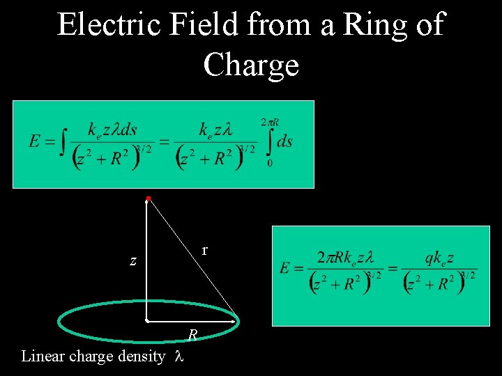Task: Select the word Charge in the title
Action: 251,65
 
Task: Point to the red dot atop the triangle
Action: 149,199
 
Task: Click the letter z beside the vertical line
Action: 132,262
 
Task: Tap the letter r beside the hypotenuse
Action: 204,249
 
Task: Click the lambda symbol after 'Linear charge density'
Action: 178,357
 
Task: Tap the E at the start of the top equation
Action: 34,141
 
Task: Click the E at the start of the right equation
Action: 285,267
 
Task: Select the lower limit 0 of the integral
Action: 270,163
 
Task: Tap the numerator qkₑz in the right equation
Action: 440,258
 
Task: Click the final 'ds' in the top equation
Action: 284,141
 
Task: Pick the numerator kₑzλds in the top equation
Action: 112,130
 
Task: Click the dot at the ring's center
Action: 148,321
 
